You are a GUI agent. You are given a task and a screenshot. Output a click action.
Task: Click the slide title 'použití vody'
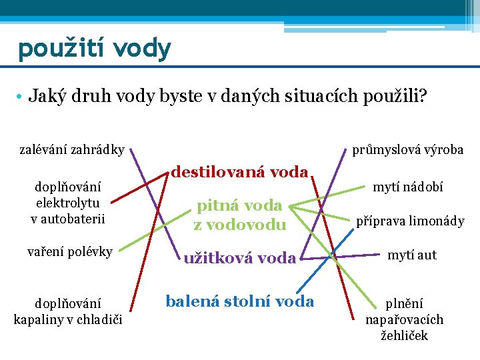point(94,49)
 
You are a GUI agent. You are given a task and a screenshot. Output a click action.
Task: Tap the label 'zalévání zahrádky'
point(71,150)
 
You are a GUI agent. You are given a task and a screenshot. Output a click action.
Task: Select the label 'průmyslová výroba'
point(407,150)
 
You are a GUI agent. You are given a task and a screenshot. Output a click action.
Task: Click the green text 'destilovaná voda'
point(239,172)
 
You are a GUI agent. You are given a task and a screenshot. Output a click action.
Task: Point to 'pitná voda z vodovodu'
point(239,215)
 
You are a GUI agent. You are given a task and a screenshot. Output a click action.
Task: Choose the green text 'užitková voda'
point(239,257)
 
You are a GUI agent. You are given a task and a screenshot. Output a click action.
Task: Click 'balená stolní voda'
point(239,301)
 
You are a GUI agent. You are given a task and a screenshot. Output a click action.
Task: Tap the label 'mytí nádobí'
point(407,188)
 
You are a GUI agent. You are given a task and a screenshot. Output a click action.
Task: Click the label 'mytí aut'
point(412,255)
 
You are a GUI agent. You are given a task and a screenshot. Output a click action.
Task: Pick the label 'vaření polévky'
point(69,251)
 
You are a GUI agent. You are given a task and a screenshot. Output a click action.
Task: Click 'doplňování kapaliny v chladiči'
point(66,310)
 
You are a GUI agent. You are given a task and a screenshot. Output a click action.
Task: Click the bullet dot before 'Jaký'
point(22,97)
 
